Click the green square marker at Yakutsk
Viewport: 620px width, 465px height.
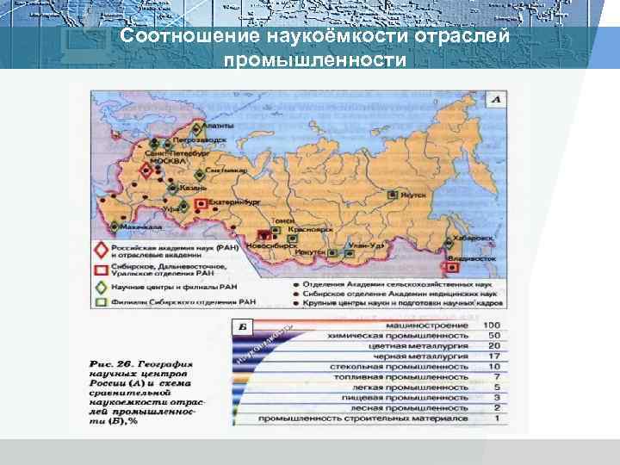coord(394,195)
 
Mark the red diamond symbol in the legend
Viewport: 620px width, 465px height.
coord(101,251)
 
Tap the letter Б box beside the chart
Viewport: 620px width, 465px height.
coord(244,327)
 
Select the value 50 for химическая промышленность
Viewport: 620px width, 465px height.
coord(493,335)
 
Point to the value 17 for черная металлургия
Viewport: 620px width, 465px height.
coord(493,356)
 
